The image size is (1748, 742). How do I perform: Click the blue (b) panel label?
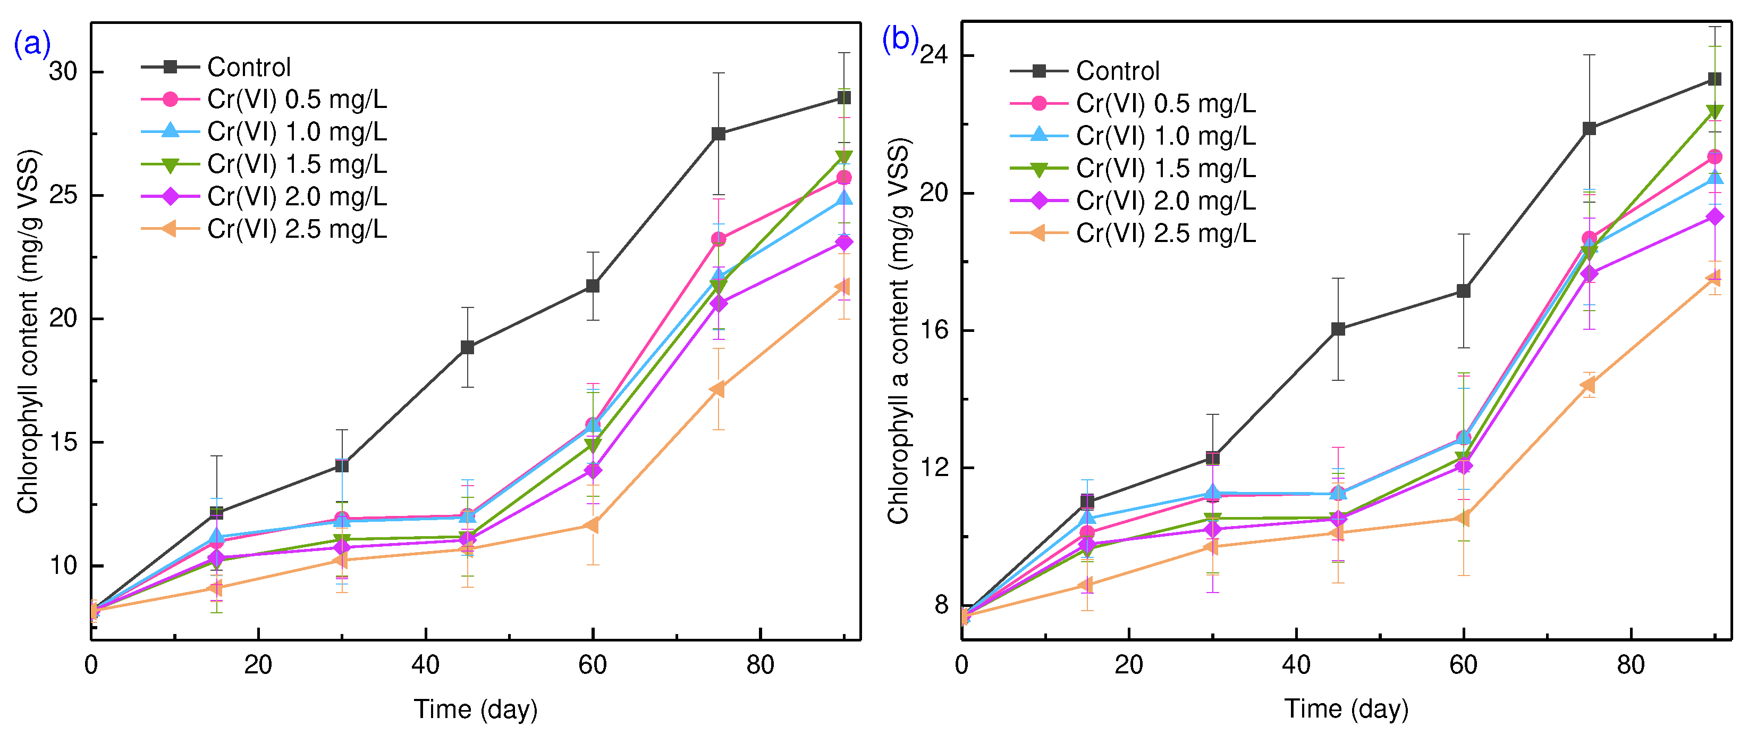point(900,39)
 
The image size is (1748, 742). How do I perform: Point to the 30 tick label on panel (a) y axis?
point(63,71)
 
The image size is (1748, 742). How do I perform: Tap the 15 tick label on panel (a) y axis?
point(63,442)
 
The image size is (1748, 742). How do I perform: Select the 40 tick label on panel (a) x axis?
point(426,665)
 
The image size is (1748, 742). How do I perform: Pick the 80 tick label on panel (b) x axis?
point(1630,665)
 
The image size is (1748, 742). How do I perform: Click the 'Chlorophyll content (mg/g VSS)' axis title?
point(29,331)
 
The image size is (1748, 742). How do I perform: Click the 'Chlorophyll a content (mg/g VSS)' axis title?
point(898,331)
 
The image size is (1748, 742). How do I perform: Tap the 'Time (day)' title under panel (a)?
point(475,710)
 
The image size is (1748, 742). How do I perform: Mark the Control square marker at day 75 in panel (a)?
point(718,134)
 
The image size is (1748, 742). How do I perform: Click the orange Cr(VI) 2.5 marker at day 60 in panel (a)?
point(591,526)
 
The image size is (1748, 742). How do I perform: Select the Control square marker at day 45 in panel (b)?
point(1338,329)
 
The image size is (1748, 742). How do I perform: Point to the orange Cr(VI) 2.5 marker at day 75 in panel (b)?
point(1588,385)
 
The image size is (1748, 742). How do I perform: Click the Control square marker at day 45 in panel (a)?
point(467,347)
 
